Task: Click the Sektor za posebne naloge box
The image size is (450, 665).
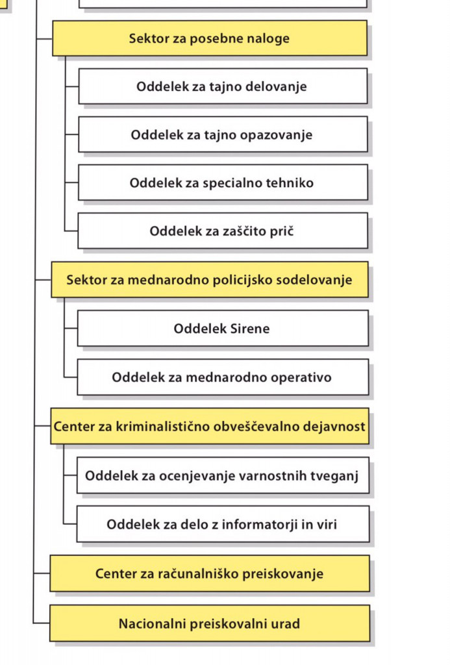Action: (209, 38)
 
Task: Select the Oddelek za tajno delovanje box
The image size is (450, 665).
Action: (222, 86)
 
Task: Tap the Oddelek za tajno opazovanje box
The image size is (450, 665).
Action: (222, 134)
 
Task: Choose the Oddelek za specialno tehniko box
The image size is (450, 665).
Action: (222, 182)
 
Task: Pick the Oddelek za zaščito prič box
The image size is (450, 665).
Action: (222, 231)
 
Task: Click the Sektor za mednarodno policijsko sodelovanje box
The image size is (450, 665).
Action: (209, 280)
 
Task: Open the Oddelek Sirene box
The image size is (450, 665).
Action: (222, 328)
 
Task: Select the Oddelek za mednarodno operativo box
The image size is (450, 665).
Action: (222, 377)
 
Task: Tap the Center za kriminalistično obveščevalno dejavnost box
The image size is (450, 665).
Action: (209, 427)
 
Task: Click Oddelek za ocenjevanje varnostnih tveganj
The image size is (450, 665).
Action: (222, 475)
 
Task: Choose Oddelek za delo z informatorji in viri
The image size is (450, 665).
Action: (222, 524)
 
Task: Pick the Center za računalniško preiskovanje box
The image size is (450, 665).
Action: (209, 573)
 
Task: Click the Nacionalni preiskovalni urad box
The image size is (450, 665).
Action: (209, 624)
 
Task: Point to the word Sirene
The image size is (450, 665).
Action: (250, 328)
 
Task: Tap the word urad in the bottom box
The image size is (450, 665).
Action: (286, 624)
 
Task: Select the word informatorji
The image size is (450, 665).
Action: (259, 524)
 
